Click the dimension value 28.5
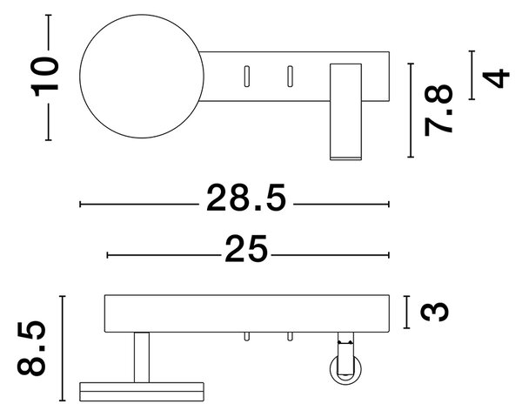[x=246, y=198]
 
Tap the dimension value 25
[x=246, y=249]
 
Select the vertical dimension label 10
[x=44, y=77]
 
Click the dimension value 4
[x=496, y=78]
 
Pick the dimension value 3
[x=434, y=312]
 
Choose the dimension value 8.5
[x=31, y=348]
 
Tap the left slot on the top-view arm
[x=247, y=77]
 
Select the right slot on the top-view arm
[x=290, y=77]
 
